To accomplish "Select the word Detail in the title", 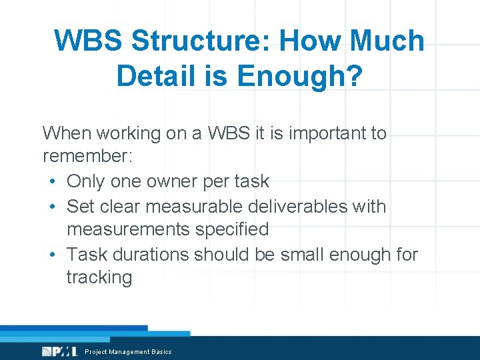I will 153,76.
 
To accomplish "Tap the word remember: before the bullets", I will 88,157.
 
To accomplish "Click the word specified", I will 233,229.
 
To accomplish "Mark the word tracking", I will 99,277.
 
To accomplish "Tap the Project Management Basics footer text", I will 128,352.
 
